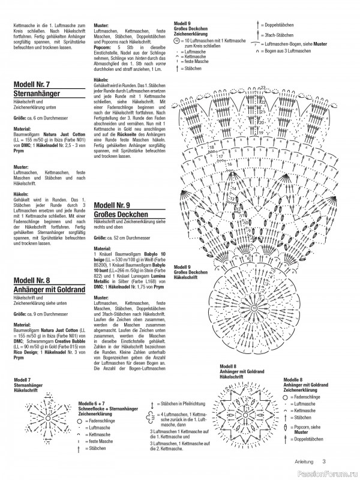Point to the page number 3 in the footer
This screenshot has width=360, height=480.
click(x=323, y=461)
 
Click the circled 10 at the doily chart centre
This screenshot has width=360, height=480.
click(x=254, y=308)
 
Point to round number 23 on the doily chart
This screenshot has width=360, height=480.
click(x=262, y=88)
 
